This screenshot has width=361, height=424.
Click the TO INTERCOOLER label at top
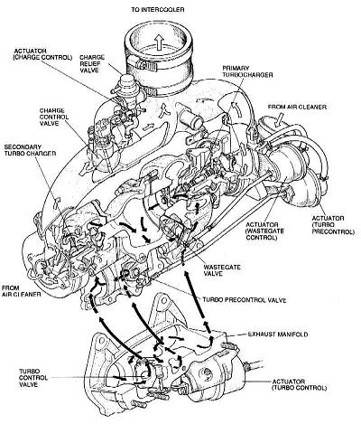[158, 10]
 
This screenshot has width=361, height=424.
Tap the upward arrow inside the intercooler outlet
[159, 42]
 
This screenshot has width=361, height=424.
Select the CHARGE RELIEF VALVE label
[92, 63]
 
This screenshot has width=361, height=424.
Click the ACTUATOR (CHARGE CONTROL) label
[42, 54]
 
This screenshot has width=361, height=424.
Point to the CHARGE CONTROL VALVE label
[54, 117]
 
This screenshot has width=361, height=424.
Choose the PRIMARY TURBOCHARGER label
[247, 71]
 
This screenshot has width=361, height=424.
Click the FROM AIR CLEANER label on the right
[297, 107]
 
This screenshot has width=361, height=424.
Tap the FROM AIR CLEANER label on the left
[21, 291]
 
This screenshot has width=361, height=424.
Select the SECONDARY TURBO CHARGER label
[30, 150]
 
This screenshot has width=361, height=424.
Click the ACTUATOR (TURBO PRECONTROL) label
[333, 225]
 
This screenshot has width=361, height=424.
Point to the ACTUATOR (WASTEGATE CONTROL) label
[262, 231]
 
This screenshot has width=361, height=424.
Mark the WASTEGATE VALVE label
[222, 270]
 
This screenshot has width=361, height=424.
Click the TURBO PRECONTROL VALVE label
[244, 300]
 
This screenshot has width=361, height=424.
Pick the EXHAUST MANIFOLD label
[278, 334]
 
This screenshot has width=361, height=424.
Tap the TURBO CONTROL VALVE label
[33, 378]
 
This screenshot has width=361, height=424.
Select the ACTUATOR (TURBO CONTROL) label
[299, 384]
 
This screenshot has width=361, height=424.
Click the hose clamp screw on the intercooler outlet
[143, 64]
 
